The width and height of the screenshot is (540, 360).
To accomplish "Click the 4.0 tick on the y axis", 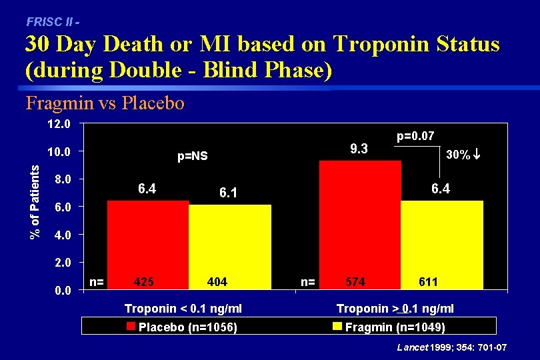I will (x=61, y=235).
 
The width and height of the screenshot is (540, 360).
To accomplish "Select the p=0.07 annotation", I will (x=415, y=136).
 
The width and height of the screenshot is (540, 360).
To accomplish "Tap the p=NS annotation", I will (x=193, y=157).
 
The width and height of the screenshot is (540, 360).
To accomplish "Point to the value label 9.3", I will (x=359, y=148).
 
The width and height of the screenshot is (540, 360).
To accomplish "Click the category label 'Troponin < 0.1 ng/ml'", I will (x=183, y=308).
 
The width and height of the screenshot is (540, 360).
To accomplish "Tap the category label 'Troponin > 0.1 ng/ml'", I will (x=395, y=308).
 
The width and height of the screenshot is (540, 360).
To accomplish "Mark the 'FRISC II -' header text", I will (x=53, y=21).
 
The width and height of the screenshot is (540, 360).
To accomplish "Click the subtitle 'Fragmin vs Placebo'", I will (x=105, y=103).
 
